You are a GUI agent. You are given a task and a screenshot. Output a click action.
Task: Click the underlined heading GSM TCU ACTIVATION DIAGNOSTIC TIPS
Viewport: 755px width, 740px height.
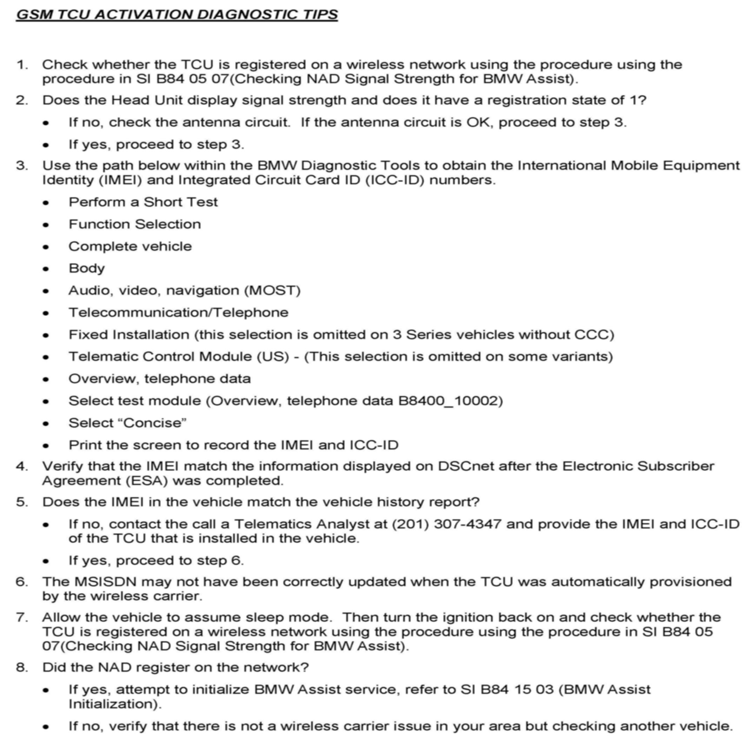coord(177,14)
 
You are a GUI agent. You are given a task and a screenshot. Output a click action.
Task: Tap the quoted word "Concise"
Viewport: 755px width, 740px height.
coord(155,423)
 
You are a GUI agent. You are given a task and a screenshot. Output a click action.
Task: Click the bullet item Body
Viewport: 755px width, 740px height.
coord(87,268)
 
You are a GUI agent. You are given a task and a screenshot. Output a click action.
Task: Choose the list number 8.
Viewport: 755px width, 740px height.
coord(21,667)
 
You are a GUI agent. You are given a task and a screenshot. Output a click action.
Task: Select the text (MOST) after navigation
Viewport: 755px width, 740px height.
coord(273,290)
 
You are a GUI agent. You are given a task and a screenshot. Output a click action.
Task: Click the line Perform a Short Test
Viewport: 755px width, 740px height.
coord(143,202)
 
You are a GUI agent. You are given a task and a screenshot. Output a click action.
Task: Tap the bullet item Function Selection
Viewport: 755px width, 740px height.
coord(135,224)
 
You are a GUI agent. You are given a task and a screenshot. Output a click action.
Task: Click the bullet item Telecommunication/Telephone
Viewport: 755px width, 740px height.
coord(178,313)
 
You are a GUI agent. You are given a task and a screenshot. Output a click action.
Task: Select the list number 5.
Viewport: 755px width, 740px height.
coord(21,502)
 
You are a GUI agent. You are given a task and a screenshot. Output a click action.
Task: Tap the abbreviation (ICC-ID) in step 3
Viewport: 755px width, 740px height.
coord(395,180)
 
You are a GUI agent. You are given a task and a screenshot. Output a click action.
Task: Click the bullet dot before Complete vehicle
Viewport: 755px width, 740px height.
coord(46,247)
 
